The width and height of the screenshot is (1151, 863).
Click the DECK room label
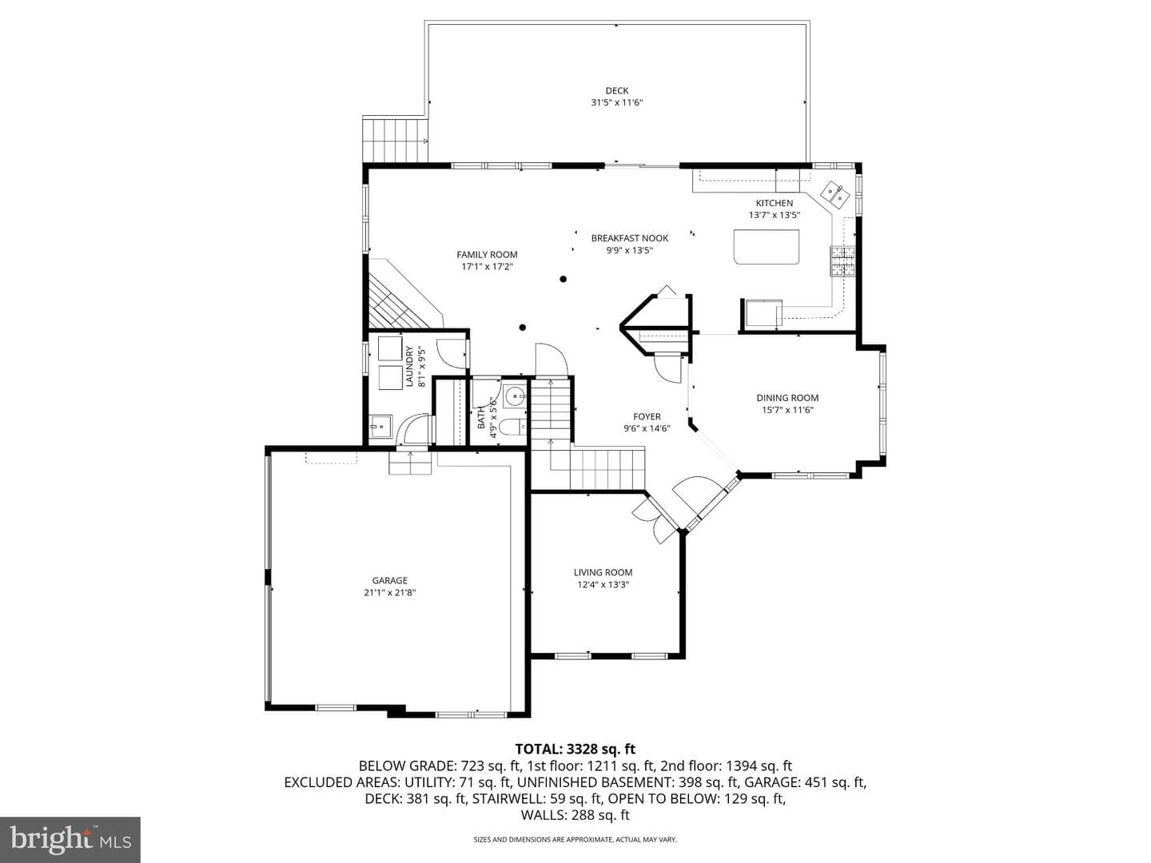coord(616,90)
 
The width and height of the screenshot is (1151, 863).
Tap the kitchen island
coord(766,246)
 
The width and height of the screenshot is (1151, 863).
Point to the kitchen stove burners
coord(842,261)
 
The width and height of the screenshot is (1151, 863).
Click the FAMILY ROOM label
coord(487,255)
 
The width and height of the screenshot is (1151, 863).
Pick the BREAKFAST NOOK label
coord(630,238)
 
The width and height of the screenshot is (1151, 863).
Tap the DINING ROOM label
coord(787,398)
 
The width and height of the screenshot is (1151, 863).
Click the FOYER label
coord(647,416)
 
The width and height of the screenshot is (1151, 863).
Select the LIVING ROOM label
coord(603,572)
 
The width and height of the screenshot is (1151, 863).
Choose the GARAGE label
coord(389,580)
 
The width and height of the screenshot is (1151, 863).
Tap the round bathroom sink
coord(515,396)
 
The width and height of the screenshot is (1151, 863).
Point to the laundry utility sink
coord(380,427)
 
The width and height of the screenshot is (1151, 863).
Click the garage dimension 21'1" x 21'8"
coord(389,593)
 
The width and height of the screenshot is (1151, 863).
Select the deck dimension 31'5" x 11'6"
coord(616,103)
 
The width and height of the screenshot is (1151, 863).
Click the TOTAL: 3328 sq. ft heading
coord(575,749)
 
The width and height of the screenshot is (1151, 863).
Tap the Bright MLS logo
coord(70,839)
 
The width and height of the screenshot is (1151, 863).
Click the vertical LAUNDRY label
coord(409,366)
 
